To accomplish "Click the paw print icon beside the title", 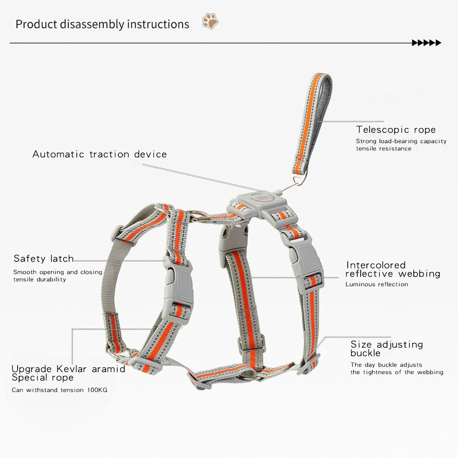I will pyautogui.click(x=210, y=21).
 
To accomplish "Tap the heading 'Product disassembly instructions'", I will pyautogui.click(x=102, y=24).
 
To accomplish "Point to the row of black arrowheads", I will pyautogui.click(x=427, y=43).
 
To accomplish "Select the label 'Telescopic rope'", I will pyautogui.click(x=396, y=130).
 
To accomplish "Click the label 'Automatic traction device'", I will pyautogui.click(x=99, y=154).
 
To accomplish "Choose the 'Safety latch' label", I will pyautogui.click(x=43, y=259).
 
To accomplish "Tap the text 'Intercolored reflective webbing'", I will pyautogui.click(x=393, y=269).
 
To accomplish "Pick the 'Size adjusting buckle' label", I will pyautogui.click(x=386, y=348).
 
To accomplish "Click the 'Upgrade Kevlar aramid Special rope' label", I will pyautogui.click(x=68, y=373).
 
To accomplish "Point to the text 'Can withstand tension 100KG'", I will pyautogui.click(x=59, y=390).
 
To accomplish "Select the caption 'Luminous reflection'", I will pyautogui.click(x=376, y=284).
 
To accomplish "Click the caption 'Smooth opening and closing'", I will pyautogui.click(x=58, y=272).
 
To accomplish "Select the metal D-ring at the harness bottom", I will pyautogui.click(x=250, y=376).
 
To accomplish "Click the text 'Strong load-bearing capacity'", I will pyautogui.click(x=401, y=141).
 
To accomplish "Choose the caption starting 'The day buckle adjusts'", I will pyautogui.click(x=386, y=365).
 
